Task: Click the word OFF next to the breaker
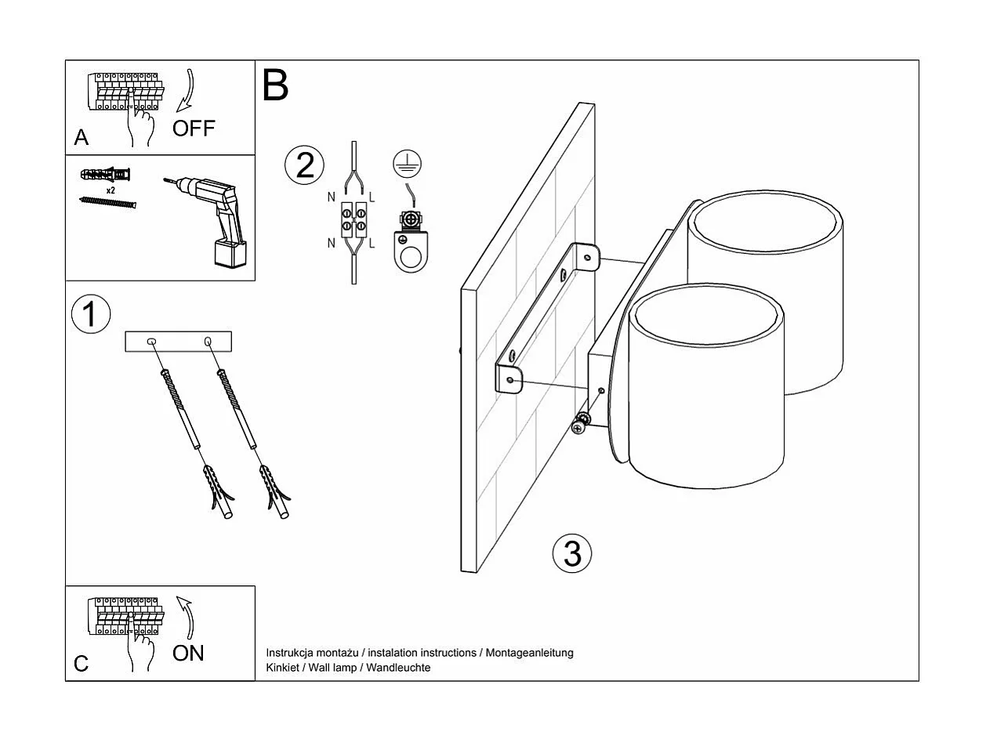(194, 128)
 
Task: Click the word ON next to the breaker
(188, 652)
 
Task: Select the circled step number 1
(91, 313)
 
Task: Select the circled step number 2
(304, 165)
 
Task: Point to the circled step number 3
(572, 553)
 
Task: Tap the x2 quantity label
(111, 190)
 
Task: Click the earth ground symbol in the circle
(407, 164)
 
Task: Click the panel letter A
(82, 138)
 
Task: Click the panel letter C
(82, 664)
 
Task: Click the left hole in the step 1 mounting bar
(152, 341)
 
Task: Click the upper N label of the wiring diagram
(332, 197)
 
